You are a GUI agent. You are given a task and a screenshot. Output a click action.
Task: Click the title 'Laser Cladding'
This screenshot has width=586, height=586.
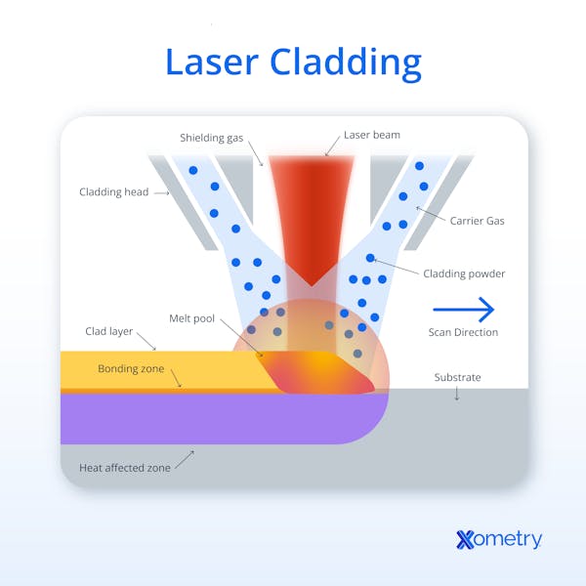[293, 62]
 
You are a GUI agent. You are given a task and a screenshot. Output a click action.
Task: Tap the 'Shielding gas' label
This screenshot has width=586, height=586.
[211, 138]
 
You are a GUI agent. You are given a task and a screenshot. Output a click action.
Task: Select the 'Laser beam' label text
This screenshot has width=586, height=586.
[372, 136]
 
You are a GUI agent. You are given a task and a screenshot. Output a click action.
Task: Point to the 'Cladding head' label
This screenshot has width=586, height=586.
[114, 192]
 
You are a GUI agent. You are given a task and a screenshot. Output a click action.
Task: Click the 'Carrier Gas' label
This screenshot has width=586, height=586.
[477, 221]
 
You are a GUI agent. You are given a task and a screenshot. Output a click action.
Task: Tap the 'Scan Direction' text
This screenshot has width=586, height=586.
[463, 333]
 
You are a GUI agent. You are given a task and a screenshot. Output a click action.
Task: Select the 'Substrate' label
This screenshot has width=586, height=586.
[457, 377]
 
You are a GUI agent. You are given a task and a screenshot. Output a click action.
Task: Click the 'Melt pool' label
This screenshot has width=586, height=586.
[192, 319]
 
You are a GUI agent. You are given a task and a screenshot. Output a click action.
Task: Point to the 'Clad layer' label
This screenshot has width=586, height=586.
[107, 332]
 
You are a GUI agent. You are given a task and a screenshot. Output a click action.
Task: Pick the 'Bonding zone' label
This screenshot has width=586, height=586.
[131, 369]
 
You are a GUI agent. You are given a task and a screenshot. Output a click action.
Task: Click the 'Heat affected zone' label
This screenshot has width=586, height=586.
[125, 468]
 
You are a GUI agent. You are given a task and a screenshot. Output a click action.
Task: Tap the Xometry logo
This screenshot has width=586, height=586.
[498, 539]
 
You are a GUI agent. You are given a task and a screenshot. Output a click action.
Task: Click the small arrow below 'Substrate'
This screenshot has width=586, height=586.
[457, 395]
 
